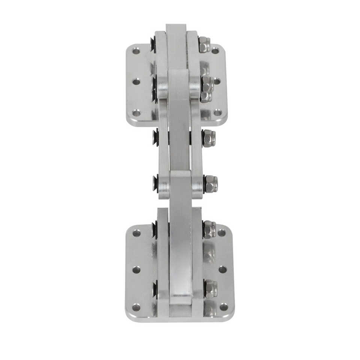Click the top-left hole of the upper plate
(x=136, y=50)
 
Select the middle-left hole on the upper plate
(x=136, y=81)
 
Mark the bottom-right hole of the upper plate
(x=217, y=112)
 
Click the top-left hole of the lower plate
(x=136, y=233)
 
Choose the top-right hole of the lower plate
(x=222, y=233)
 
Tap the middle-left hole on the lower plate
(x=136, y=270)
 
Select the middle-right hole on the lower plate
(x=222, y=269)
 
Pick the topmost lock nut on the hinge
(x=204, y=45)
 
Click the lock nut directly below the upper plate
(x=208, y=138)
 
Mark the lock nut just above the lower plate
(x=211, y=184)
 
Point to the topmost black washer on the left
(x=153, y=45)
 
